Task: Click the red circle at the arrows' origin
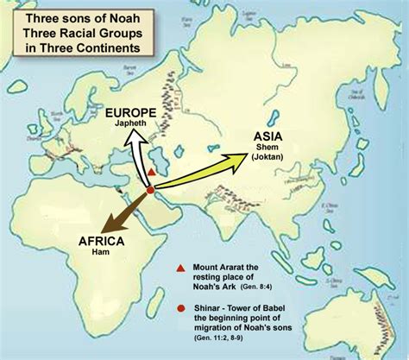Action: [150, 190]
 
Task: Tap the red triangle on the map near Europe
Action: [152, 173]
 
